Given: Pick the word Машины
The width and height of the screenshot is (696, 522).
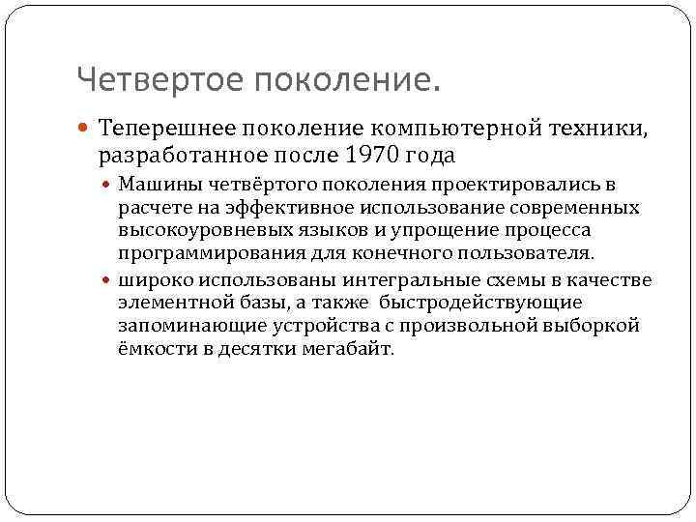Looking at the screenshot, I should [x=152, y=184].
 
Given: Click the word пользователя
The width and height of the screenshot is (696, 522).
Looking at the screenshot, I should [x=530, y=253].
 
